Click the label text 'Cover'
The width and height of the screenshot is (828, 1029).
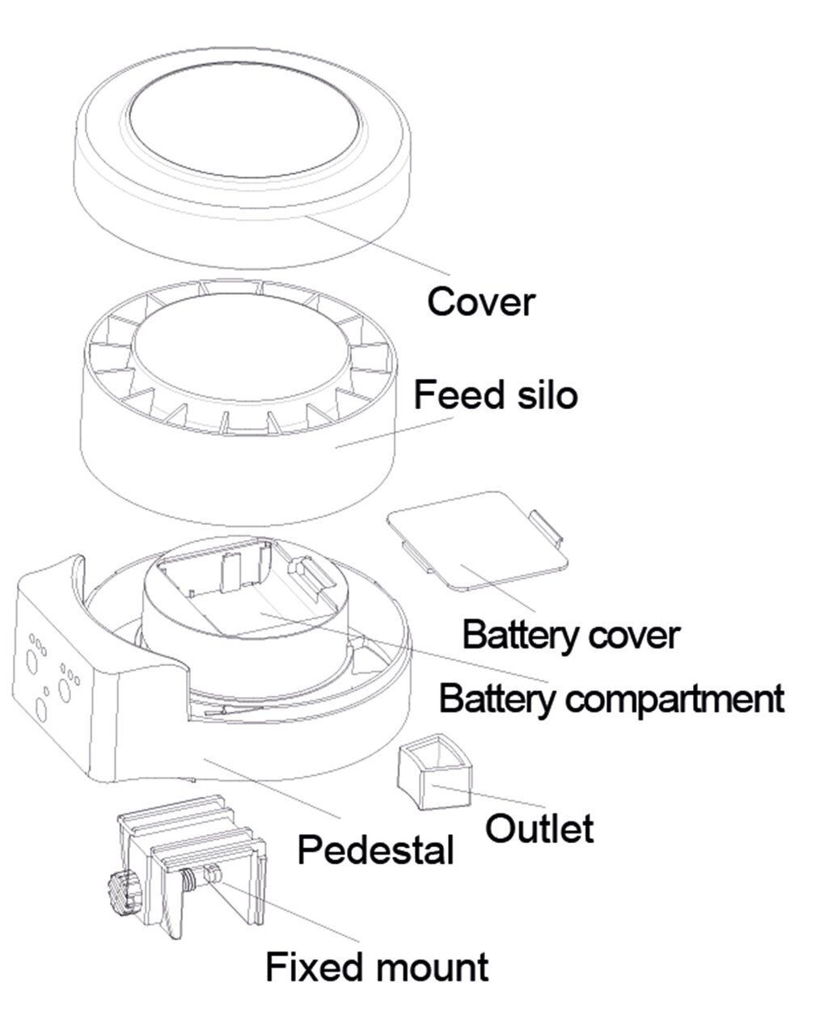coord(480,302)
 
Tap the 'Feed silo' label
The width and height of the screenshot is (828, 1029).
coord(496,396)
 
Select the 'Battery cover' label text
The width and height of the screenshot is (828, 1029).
coord(570,635)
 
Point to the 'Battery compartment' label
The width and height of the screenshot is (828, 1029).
coord(610,697)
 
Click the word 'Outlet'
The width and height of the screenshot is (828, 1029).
coord(539,828)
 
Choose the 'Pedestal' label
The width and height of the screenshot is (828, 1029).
coord(375,850)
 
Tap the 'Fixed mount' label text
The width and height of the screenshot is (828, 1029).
coord(377,967)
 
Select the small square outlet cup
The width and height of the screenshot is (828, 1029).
coord(433,771)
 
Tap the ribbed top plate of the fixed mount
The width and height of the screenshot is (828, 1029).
coord(190,824)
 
